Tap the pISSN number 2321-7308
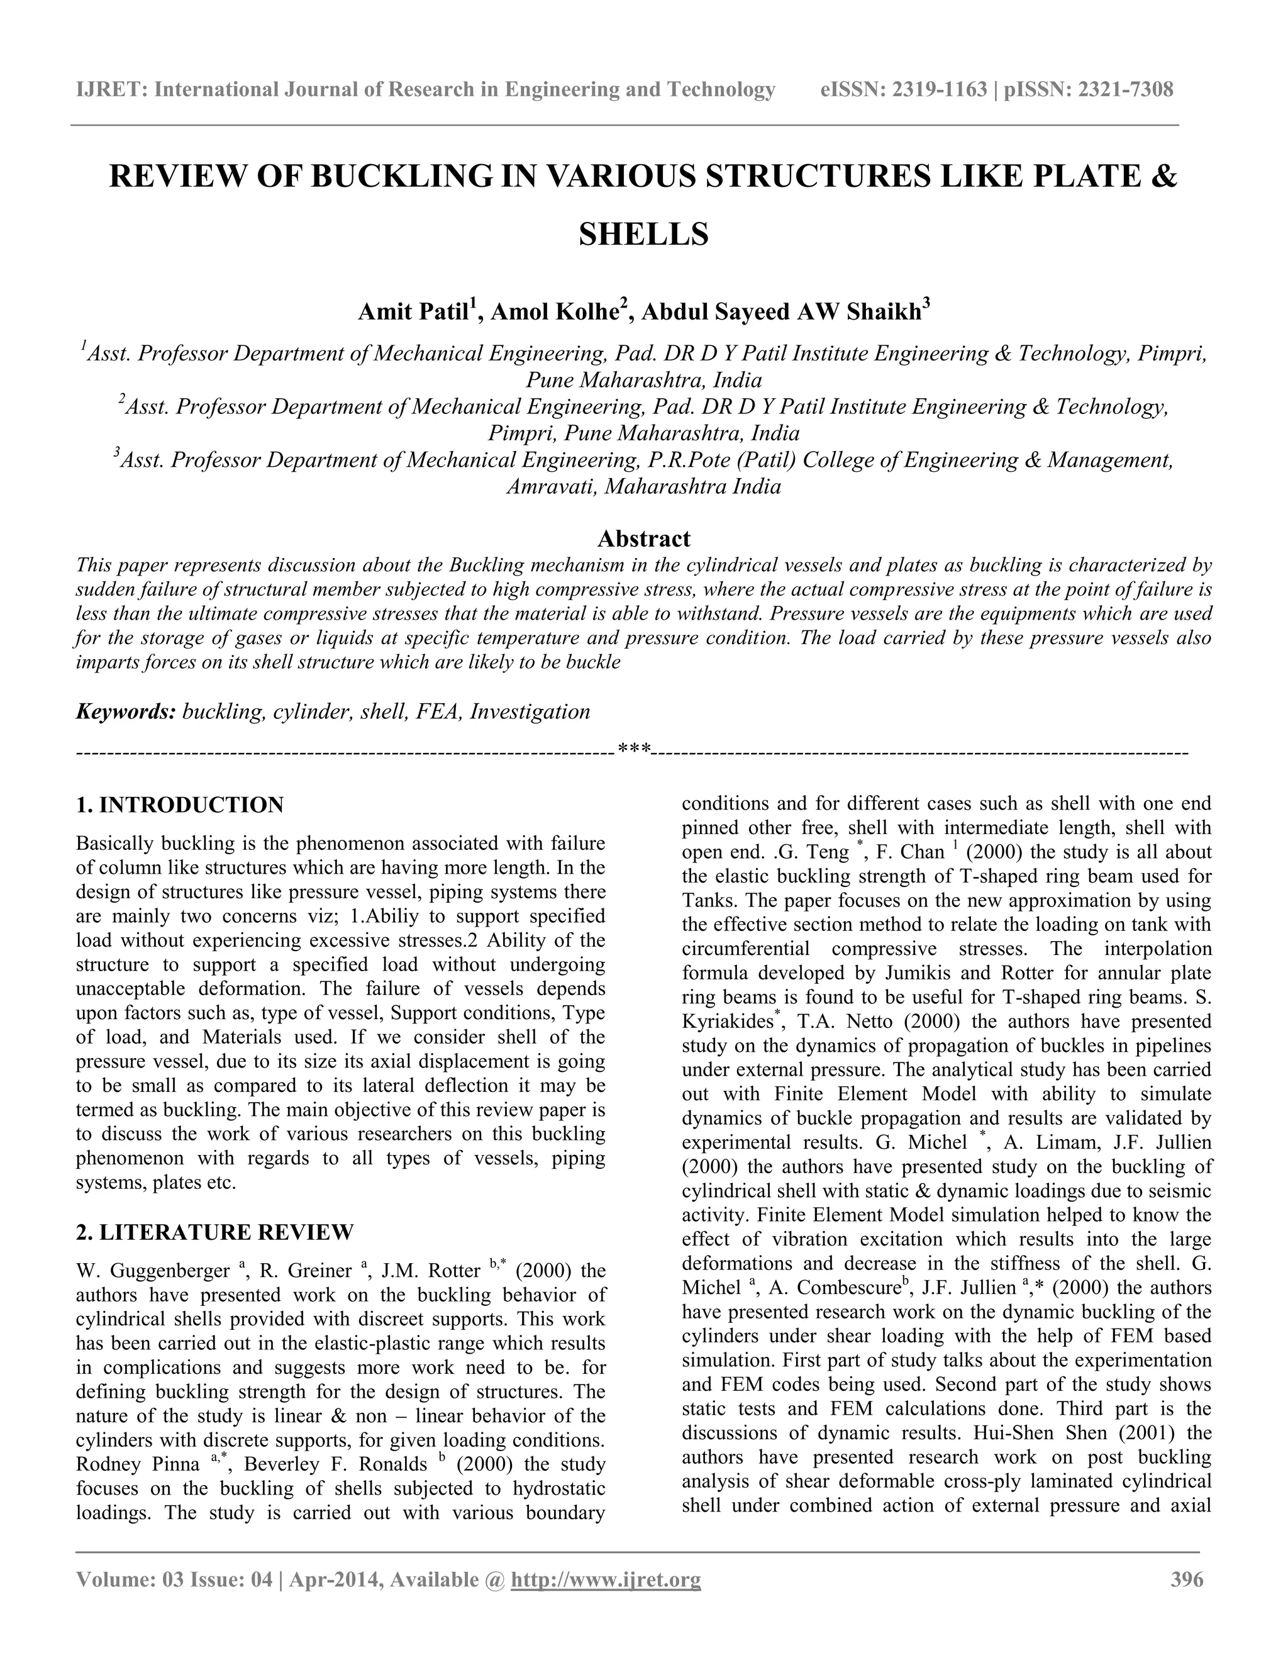(x=1124, y=90)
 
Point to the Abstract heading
(x=643, y=539)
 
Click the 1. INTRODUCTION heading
(x=180, y=805)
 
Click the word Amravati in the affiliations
(x=550, y=486)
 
